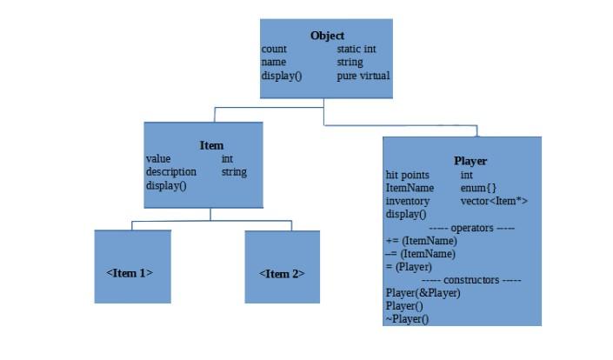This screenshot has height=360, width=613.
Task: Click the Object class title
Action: point(327,36)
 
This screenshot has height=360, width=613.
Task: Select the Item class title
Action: point(211,145)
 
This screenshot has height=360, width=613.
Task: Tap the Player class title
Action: point(470,161)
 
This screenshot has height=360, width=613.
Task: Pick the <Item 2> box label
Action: point(282,274)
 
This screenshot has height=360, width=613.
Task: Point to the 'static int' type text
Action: point(356,50)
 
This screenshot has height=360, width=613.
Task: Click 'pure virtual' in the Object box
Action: point(363,76)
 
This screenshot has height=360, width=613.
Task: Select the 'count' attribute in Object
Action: point(274,50)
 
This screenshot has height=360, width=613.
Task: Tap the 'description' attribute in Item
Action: point(171,172)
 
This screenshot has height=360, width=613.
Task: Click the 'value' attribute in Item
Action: point(158,159)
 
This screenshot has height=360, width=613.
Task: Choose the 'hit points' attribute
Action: point(407,175)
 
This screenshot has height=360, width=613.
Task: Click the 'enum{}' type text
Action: point(476,188)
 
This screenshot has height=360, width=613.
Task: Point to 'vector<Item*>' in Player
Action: point(494,201)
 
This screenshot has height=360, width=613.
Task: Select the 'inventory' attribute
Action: point(408,201)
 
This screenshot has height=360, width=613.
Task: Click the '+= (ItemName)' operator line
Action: point(421,241)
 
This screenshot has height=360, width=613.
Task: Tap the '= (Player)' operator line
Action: point(408,267)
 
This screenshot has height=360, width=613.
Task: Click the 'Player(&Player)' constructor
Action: point(423,293)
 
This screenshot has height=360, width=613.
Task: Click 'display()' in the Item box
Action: point(166,185)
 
